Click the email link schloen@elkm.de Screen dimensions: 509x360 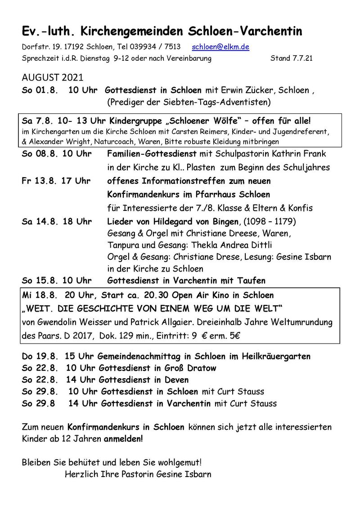[x=220, y=47]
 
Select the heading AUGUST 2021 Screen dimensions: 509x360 [x=52, y=78]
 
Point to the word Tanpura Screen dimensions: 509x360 [x=123, y=245]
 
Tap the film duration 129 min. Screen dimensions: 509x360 [x=205, y=335]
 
